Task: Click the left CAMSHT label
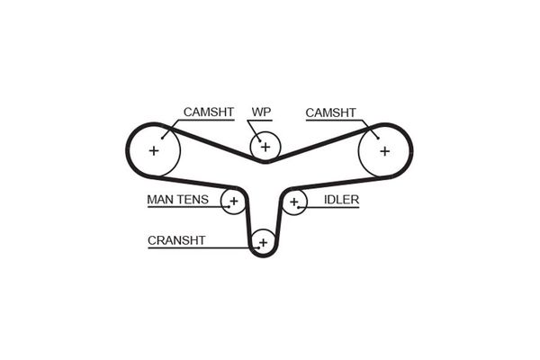point(208,112)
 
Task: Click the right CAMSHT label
point(330,112)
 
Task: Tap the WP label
point(262,112)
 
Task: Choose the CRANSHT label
point(176,240)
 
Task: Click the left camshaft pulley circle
point(154,150)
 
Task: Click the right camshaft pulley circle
point(384,150)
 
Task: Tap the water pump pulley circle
point(265,145)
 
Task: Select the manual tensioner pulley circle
point(233,202)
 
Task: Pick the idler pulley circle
point(294,202)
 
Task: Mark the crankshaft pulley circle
point(263,242)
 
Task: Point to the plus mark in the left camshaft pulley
point(154,150)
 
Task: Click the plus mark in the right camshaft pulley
point(384,150)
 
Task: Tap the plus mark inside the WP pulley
point(265,145)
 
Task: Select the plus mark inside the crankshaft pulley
point(263,242)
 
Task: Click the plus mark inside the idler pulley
point(294,202)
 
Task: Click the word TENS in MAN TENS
point(193,200)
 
